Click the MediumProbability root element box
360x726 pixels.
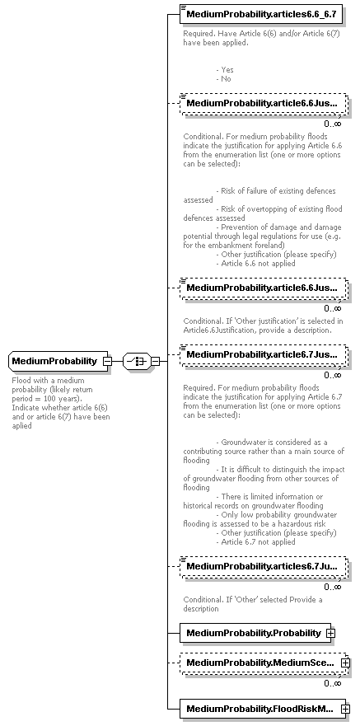tap(54, 361)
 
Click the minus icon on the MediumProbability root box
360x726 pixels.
tap(108, 361)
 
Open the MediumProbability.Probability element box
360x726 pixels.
tap(253, 632)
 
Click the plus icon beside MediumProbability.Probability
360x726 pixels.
tap(330, 633)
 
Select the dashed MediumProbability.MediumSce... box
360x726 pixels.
tap(259, 662)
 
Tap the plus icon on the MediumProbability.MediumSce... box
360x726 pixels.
tap(345, 663)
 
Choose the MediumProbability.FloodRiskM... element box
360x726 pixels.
tap(259, 708)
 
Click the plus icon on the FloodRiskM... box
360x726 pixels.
tap(345, 709)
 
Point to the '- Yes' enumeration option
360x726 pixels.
tap(224, 70)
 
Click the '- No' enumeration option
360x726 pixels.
tap(223, 79)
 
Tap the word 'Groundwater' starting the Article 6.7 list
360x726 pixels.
tap(244, 443)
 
